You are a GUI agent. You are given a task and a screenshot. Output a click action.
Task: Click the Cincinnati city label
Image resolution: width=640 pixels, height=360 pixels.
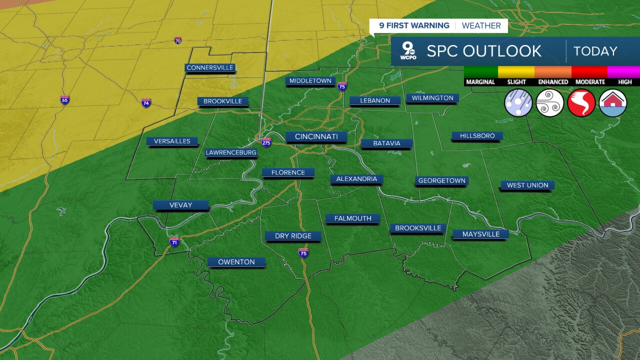pos(316,136)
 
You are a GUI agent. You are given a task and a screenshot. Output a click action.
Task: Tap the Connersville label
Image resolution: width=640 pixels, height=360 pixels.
pos(210,68)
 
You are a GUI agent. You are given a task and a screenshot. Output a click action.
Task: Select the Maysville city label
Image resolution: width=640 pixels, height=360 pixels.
pos(480,234)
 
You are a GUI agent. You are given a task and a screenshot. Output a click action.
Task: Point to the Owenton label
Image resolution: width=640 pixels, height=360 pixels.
pos(236,262)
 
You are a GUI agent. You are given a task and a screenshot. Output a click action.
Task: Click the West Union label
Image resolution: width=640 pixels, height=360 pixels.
pos(527,185)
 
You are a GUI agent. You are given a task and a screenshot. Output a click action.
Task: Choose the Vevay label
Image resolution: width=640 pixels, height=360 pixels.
pos(180,205)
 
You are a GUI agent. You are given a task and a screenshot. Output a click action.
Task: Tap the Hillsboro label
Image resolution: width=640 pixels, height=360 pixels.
pos(477,136)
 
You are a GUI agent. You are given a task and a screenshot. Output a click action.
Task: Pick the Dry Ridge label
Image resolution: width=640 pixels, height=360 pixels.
pos(293,236)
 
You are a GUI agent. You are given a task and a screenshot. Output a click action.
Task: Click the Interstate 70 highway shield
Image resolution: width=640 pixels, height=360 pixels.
pos(178,40)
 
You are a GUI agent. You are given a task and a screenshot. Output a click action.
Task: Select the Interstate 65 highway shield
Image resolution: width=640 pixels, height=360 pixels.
pos(64,100)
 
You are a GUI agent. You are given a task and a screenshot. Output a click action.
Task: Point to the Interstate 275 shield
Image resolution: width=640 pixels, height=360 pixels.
pos(266,142)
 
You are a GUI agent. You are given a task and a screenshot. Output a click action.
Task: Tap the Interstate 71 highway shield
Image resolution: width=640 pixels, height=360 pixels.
pos(174,242)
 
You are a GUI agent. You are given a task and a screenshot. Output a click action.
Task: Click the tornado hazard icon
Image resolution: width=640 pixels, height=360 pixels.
pos(581,103)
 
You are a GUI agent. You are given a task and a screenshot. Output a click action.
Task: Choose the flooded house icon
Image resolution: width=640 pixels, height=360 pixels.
pos(613,103)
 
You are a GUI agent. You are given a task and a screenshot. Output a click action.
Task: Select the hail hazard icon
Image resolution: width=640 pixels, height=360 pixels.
pos(518,103)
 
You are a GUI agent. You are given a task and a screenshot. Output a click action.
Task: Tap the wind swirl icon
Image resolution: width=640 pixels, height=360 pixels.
pos(550,103)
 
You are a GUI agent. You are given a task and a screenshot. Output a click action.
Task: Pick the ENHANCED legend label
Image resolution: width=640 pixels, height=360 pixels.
pos(553,82)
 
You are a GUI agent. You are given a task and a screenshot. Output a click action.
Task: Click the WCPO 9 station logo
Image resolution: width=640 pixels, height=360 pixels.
pos(408,51)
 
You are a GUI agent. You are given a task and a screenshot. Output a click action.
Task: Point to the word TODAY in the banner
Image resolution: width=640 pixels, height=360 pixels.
pos(595,51)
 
